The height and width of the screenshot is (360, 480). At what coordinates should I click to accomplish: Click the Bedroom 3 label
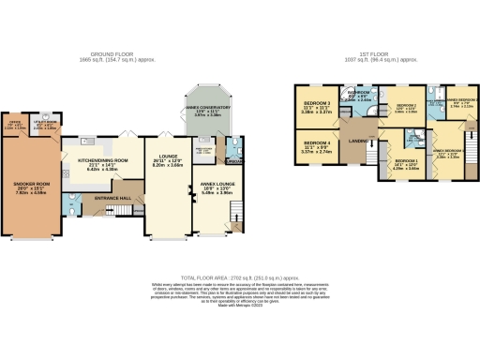(310, 107)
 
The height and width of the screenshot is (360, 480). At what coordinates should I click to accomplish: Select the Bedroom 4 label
(310, 144)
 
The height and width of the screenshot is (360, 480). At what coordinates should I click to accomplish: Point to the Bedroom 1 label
(405, 162)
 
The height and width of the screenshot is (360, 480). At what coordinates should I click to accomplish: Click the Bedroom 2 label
(405, 105)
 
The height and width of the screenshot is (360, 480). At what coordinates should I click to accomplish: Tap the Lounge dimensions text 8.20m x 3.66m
(169, 164)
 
